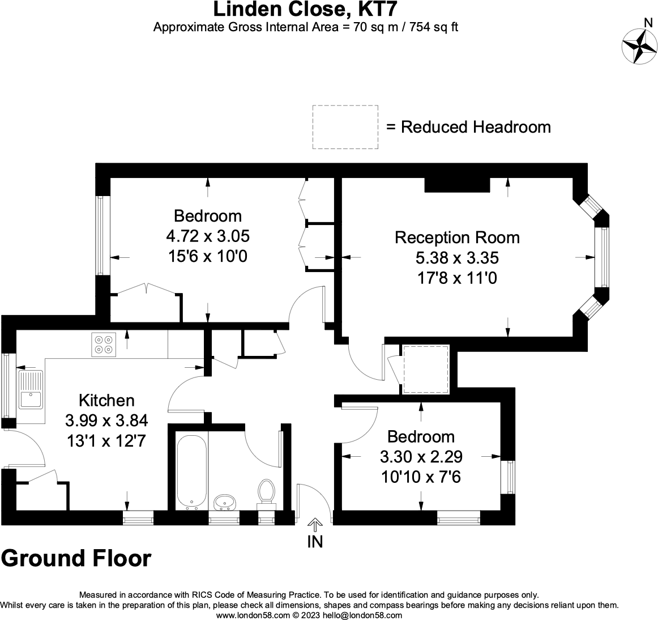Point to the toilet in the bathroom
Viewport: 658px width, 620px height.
click(266, 492)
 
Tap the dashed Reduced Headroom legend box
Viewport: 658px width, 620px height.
click(345, 127)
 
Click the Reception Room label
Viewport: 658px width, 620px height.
click(457, 237)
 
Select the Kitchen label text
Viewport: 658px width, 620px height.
click(106, 400)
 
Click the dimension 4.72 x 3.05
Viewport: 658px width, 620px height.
click(208, 236)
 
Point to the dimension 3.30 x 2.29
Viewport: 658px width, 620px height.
click(421, 456)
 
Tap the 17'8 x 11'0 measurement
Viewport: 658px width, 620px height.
click(456, 278)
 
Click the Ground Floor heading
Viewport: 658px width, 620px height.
click(76, 558)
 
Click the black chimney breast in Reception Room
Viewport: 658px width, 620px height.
click(457, 185)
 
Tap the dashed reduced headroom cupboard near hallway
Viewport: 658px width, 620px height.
click(425, 369)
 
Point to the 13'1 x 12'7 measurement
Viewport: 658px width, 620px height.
click(106, 440)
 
